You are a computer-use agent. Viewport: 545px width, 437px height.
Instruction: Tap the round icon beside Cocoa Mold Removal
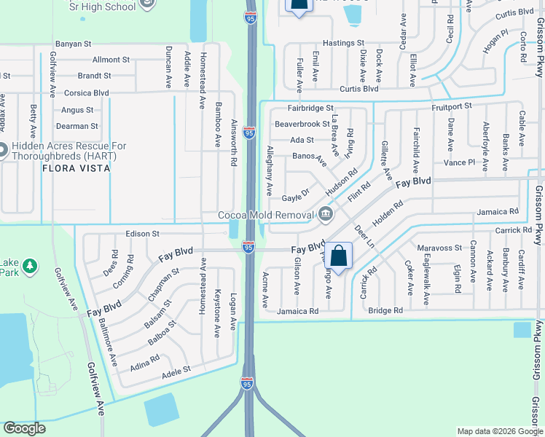coord(325,214)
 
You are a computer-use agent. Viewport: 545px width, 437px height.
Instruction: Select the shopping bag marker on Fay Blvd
coord(339,256)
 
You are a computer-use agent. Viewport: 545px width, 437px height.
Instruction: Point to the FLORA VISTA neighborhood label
coord(77,168)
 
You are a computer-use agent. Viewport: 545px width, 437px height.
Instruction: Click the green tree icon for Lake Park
coord(30,265)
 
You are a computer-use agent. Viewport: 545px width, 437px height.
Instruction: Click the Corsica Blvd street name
coord(86,93)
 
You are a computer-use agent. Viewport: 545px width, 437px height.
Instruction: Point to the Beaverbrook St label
coord(302,124)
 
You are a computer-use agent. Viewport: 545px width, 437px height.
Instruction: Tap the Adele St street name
coord(176,370)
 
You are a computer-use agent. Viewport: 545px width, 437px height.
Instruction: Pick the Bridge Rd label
coord(385,310)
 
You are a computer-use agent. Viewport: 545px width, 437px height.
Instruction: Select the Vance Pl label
coord(460,162)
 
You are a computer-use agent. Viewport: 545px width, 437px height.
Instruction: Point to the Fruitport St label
coord(452,106)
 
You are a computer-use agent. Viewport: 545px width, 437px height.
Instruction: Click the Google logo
coord(24,428)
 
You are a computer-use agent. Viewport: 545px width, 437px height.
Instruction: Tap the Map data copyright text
coord(499,431)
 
